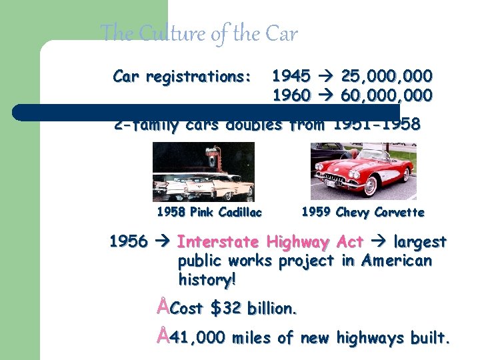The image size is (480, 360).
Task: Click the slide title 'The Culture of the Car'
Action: tap(199, 33)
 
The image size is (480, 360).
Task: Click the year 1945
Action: tap(291, 76)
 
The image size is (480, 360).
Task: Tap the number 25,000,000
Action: tap(386, 76)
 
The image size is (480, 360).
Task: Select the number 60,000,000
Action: tap(386, 96)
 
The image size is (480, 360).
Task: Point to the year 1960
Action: tap(291, 96)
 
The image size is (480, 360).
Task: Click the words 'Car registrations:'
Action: tap(182, 77)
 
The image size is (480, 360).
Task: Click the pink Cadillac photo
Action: tap(203, 171)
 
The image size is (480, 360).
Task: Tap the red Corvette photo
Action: tap(363, 171)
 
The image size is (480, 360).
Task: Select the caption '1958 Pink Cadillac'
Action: tap(209, 213)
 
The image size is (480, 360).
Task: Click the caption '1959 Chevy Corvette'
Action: tap(363, 213)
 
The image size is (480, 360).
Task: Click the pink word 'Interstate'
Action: tap(218, 242)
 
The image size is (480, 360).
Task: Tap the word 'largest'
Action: tap(420, 242)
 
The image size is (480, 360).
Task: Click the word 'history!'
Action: tap(207, 280)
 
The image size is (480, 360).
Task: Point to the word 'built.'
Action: tap(430, 338)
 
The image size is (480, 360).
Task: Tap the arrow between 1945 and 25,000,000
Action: tap(326, 76)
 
